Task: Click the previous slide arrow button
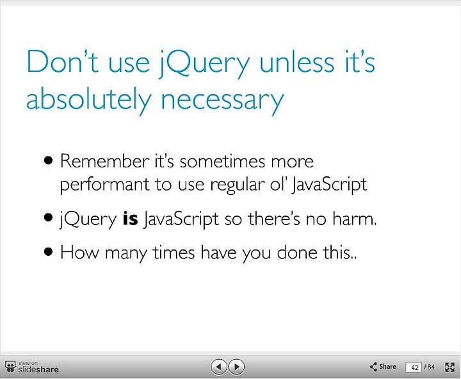[218, 367]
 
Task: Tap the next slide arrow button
[236, 367]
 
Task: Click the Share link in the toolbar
[383, 367]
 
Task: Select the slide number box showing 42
[414, 367]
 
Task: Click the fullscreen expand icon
[450, 367]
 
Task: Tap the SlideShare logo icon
[10, 367]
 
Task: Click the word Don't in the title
[63, 62]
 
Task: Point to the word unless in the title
[296, 62]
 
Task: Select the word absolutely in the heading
[88, 99]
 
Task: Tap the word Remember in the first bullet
[104, 161]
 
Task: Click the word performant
[104, 185]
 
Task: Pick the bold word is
[130, 219]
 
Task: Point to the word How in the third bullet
[79, 253]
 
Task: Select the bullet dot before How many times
[48, 252]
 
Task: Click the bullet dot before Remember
[48, 160]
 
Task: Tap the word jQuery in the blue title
[204, 63]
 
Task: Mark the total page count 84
[431, 367]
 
